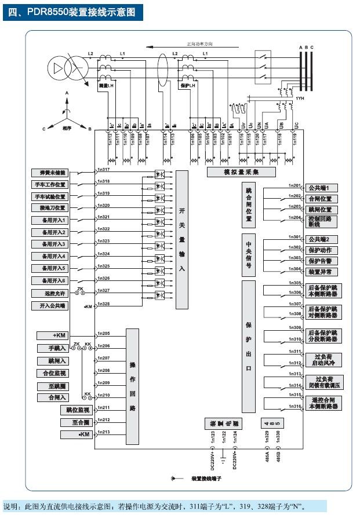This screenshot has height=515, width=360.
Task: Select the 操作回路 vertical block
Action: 133,386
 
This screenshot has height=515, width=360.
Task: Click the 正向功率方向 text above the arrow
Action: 203,43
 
